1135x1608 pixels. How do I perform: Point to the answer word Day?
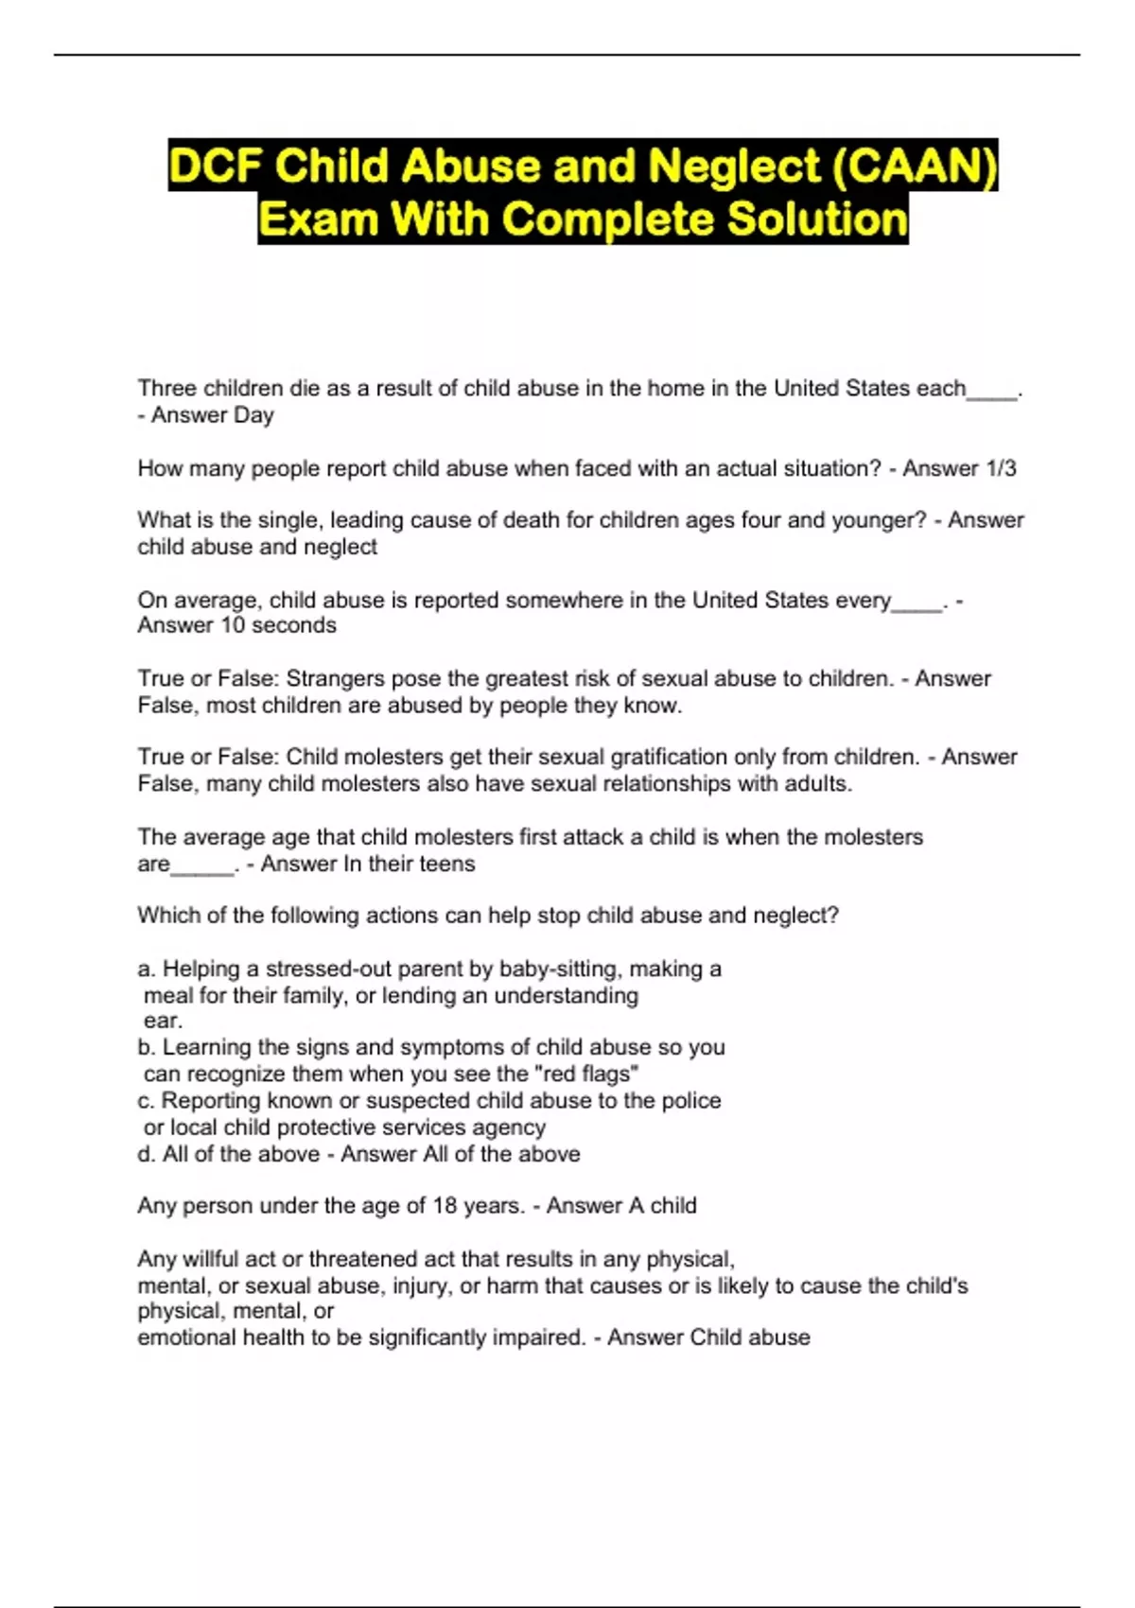[253, 415]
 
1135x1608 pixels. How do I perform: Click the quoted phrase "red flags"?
[584, 1074]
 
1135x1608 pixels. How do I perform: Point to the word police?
[690, 1100]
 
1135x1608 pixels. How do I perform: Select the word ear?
[162, 1021]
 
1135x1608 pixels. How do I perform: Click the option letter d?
[147, 1154]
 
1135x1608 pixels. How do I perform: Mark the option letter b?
[147, 1047]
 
